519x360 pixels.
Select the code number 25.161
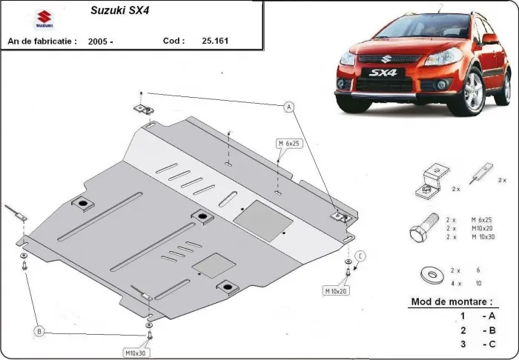(216, 41)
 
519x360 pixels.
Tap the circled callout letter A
(290, 107)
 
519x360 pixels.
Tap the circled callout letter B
(39, 330)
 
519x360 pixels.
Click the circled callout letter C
(360, 256)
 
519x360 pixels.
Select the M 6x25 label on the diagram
(290, 142)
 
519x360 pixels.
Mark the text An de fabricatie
(42, 41)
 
